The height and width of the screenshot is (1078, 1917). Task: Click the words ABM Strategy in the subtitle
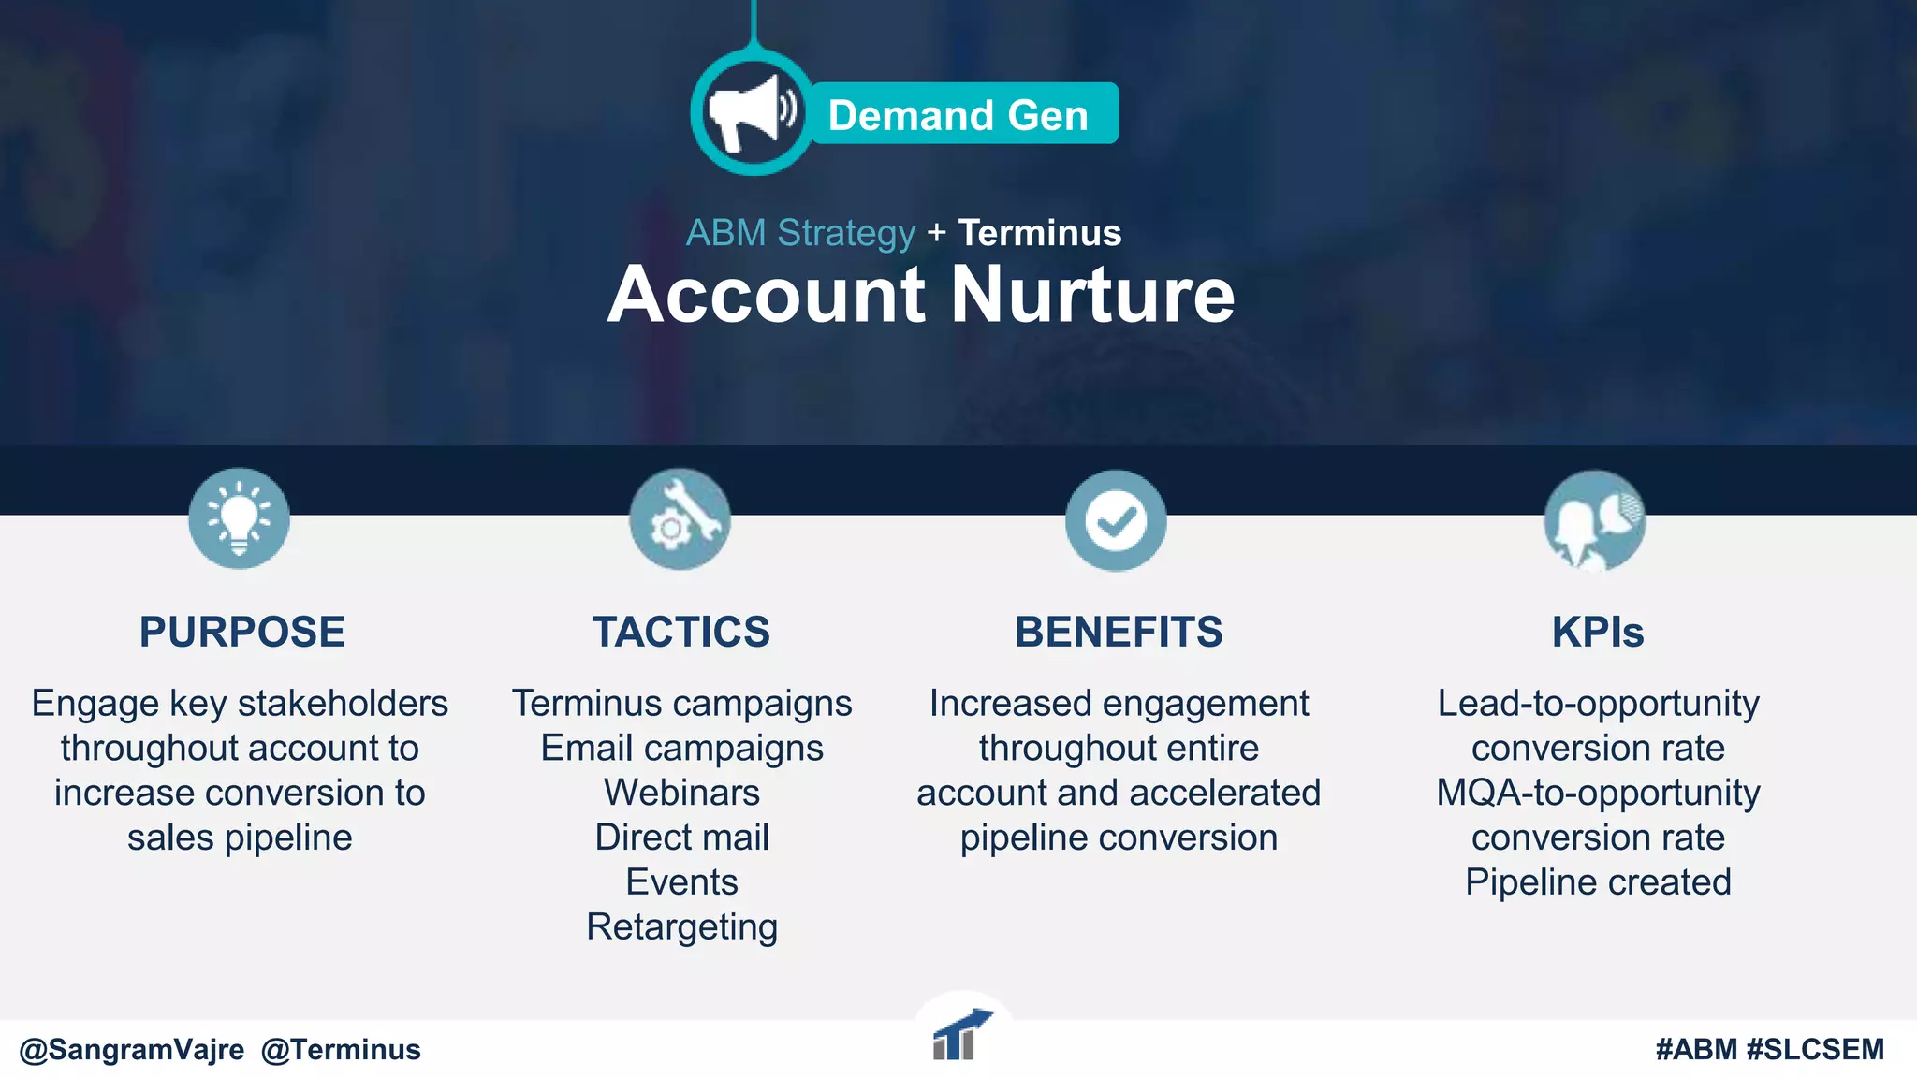pyautogui.click(x=800, y=233)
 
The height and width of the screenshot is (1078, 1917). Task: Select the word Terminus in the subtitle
pyautogui.click(x=1039, y=233)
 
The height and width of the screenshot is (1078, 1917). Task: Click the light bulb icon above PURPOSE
pyautogui.click(x=239, y=518)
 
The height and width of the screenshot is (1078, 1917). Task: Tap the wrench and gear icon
pyautogui.click(x=680, y=519)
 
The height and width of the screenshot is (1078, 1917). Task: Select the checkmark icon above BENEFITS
pyautogui.click(x=1116, y=520)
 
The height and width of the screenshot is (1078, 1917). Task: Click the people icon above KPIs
pyautogui.click(x=1594, y=521)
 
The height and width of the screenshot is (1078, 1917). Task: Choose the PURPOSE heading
pyautogui.click(x=242, y=632)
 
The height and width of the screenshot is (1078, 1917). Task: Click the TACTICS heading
pyautogui.click(x=681, y=632)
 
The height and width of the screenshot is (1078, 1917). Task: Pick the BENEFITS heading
pyautogui.click(x=1119, y=632)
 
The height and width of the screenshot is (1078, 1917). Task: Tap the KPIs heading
pyautogui.click(x=1598, y=632)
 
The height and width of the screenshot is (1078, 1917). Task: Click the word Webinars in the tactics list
pyautogui.click(x=681, y=793)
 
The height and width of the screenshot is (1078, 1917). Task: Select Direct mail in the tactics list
pyautogui.click(x=681, y=838)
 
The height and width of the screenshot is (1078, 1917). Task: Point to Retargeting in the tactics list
pyautogui.click(x=681, y=927)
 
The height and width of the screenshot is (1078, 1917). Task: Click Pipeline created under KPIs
pyautogui.click(x=1598, y=882)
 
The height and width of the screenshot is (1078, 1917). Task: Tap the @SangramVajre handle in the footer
pyautogui.click(x=132, y=1050)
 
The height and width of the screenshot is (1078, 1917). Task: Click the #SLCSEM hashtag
pyautogui.click(x=1815, y=1050)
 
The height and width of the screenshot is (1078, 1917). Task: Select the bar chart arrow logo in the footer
pyautogui.click(x=960, y=1035)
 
